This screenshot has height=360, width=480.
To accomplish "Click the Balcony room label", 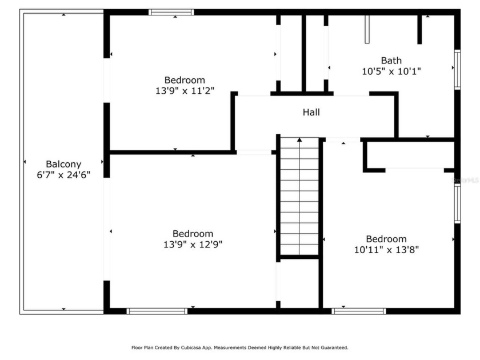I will (63, 164).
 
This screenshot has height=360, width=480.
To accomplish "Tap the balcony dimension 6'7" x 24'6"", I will (63, 174).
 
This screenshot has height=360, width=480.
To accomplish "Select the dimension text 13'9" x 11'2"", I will (185, 90).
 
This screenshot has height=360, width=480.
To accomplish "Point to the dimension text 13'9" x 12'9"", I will (193, 244).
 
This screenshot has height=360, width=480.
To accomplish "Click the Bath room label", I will (391, 61).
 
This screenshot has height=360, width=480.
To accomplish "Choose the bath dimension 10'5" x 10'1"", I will (391, 71).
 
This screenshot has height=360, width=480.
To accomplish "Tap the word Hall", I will (311, 113).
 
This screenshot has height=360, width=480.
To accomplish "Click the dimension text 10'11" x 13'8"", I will (386, 249).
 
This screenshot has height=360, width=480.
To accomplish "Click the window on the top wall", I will (171, 12).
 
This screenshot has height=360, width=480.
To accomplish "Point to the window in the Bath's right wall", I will (457, 70).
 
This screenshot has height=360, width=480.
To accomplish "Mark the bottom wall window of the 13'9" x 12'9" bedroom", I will (157, 311).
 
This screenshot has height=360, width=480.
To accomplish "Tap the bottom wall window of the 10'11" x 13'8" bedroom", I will (359, 311).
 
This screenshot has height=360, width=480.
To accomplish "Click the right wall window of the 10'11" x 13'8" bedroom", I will (457, 203).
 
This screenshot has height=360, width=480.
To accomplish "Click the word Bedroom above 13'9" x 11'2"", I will (185, 80).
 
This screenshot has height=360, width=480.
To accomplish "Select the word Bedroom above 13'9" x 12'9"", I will (193, 234).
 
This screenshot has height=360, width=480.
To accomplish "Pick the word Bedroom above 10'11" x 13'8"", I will (386, 239).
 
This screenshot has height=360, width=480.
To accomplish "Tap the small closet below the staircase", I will (299, 283).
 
